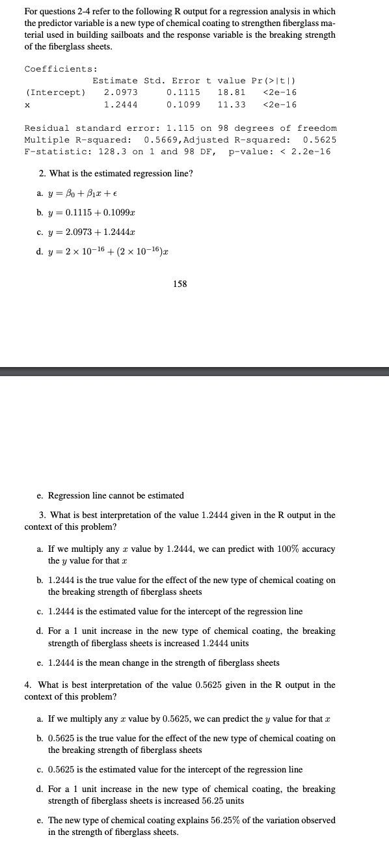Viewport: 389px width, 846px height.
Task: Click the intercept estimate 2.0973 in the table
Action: pos(121,92)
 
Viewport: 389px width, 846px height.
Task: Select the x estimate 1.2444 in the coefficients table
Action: pos(121,105)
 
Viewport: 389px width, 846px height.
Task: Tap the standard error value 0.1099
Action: pos(183,105)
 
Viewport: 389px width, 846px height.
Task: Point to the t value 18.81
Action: pos(232,92)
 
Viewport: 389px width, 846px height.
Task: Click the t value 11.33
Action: pos(232,105)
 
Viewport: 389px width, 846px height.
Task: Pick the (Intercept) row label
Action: pos(55,92)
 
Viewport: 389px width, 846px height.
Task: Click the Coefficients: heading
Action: pos(61,69)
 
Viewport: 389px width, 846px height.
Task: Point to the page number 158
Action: pos(180,284)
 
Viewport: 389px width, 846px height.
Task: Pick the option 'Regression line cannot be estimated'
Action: pos(116,495)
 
